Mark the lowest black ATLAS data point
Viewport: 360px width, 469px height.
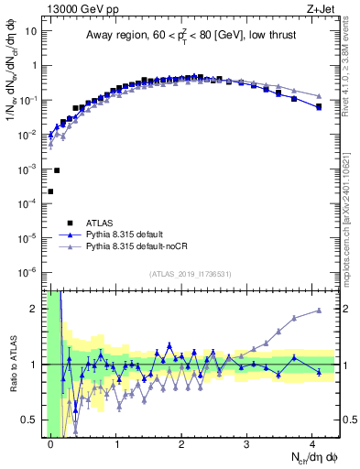(x=50, y=191)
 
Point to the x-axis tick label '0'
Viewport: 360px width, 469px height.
(x=50, y=442)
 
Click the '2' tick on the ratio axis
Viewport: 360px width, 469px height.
(x=36, y=309)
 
